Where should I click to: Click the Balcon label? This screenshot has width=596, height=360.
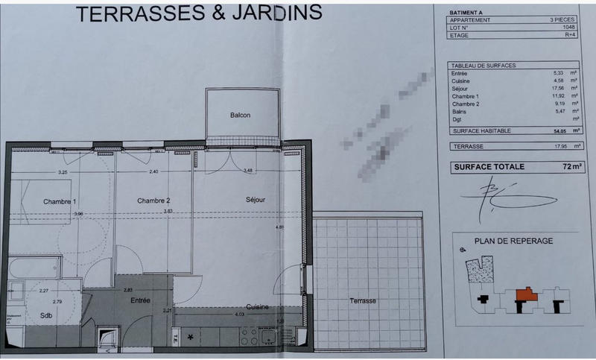tap(240, 116)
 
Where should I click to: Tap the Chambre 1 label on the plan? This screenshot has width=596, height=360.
tap(60, 201)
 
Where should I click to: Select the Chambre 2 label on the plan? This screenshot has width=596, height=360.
tap(153, 200)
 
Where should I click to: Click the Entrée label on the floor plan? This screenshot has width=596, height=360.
tap(140, 300)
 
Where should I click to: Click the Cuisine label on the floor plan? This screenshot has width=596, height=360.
tap(259, 307)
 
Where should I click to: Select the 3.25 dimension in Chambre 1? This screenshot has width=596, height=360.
tap(63, 172)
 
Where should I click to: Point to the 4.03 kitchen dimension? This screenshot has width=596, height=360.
tap(240, 315)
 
